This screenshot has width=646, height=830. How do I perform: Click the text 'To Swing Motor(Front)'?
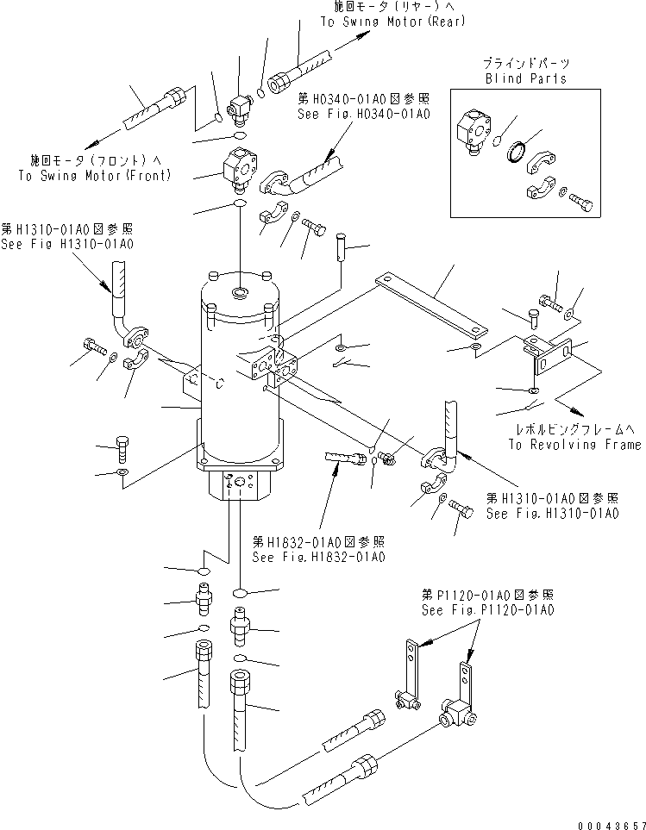point(94,175)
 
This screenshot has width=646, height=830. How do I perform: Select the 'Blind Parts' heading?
point(525,78)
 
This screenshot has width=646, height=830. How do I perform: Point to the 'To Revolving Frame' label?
point(574,445)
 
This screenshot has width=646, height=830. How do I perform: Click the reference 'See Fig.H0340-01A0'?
point(363,113)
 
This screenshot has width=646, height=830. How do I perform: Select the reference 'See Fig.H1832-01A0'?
point(318,557)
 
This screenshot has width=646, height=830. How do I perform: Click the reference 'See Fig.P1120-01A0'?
point(487,609)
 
